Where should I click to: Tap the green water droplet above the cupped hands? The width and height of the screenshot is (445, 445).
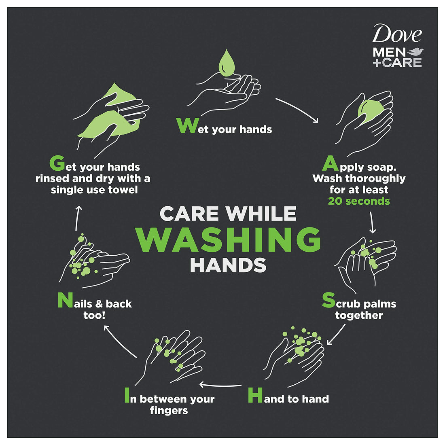point(227,63)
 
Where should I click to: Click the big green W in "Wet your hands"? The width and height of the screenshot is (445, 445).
point(186,126)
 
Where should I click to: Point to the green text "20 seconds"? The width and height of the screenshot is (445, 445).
point(359,201)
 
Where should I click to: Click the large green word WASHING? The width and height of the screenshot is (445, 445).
point(229,240)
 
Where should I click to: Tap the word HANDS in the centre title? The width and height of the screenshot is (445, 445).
point(228,265)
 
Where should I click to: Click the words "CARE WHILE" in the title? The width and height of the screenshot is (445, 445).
point(228,214)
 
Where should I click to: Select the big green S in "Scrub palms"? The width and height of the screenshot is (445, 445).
point(328,300)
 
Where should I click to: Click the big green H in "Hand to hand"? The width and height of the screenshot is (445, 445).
point(255,395)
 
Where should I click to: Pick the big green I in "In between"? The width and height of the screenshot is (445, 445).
point(127,395)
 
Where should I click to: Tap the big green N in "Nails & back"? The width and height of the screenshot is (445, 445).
point(65,300)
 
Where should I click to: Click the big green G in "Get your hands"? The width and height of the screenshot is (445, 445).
point(57,163)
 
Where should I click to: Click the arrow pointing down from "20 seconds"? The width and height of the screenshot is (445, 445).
point(372,222)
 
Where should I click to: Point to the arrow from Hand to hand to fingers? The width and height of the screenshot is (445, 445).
point(220,385)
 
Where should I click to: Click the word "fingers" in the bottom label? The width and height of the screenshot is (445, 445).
point(169,411)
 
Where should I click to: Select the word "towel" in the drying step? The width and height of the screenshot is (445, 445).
point(122,190)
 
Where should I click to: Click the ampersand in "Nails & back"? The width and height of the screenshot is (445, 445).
point(99,304)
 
